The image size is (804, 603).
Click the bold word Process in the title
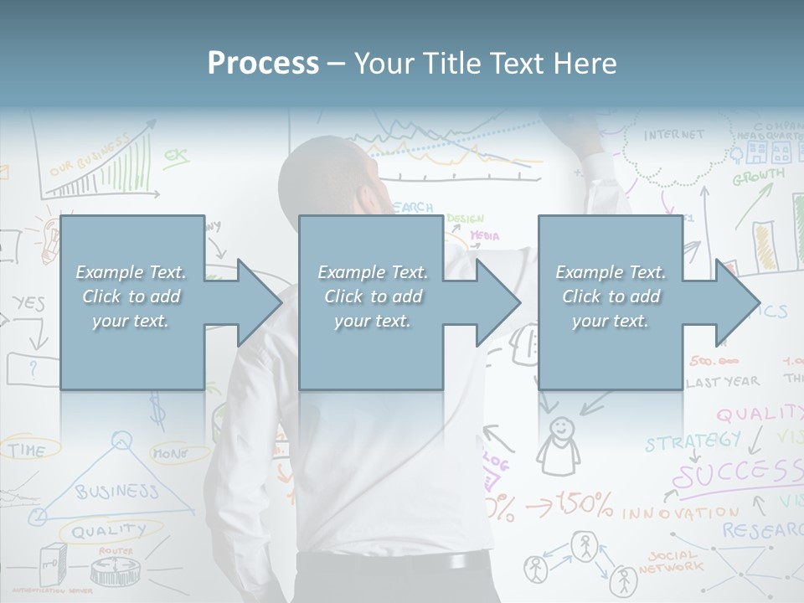click(x=263, y=63)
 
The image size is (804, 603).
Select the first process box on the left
click(x=131, y=302)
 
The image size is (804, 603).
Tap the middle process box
click(x=371, y=302)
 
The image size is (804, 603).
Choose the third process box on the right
click(x=610, y=302)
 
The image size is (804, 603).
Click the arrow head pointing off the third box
click(x=737, y=302)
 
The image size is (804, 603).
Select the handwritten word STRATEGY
click(x=692, y=441)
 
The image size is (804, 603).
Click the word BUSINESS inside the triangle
click(x=116, y=491)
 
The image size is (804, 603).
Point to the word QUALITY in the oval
click(x=108, y=530)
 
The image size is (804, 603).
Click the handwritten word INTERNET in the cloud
click(x=674, y=135)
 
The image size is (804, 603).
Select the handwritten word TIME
click(x=27, y=451)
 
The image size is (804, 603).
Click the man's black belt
click(x=394, y=563)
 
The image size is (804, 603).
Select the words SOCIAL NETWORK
click(x=672, y=561)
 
